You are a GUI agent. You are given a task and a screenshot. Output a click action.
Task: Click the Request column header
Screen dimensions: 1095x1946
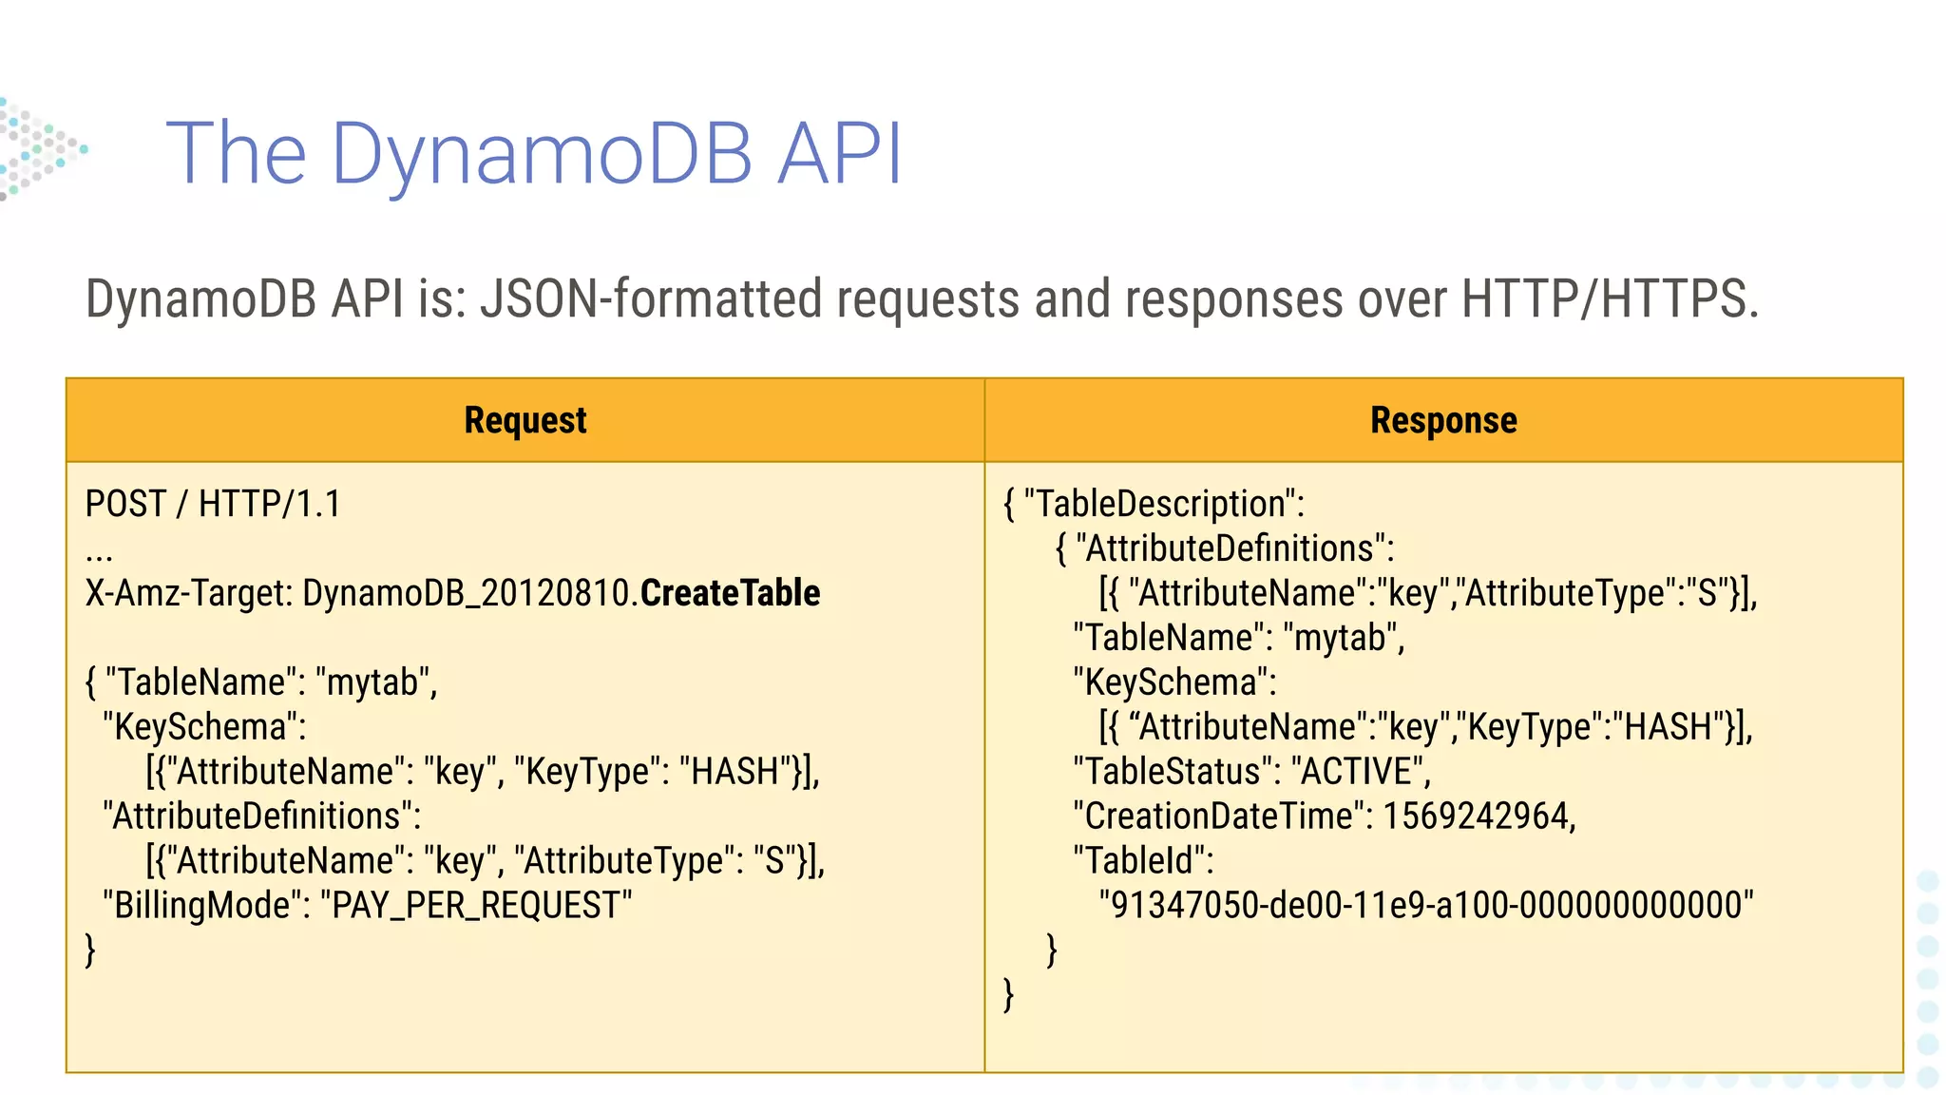[x=525, y=420]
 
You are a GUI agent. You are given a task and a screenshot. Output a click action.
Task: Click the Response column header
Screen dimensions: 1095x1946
[x=1443, y=420]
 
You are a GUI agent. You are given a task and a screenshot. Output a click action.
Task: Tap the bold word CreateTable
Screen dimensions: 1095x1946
[x=730, y=593]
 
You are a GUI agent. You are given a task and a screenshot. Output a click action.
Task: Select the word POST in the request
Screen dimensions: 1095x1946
[x=125, y=504]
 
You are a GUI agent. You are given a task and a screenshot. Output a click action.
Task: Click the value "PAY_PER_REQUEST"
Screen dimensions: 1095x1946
[x=476, y=905]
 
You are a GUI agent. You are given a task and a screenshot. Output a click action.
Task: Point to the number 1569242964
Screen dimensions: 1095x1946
[x=1479, y=816]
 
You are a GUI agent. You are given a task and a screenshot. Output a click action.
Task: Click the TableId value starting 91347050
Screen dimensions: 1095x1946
[x=1425, y=905]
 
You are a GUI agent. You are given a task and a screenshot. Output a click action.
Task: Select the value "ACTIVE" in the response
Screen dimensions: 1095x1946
[x=1361, y=771]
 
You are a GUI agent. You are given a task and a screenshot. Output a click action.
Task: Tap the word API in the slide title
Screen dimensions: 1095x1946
[x=840, y=154]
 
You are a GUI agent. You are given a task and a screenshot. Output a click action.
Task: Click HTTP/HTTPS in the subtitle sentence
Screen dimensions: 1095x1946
[x=1610, y=298]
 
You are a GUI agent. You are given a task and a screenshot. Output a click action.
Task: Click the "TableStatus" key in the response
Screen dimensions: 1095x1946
[x=1174, y=771]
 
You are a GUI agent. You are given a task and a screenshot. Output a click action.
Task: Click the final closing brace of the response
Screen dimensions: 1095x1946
[x=1008, y=994]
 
